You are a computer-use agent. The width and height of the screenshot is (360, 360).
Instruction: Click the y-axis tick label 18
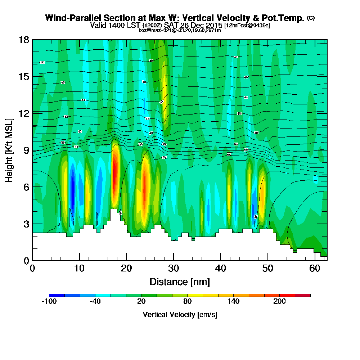click(24, 40)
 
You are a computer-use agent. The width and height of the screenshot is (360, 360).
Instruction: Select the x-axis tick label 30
click(174, 269)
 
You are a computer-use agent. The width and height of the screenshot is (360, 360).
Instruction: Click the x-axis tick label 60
click(315, 269)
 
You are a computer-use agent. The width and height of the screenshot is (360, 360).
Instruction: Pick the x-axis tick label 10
click(80, 269)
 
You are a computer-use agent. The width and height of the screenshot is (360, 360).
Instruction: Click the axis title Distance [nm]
click(180, 282)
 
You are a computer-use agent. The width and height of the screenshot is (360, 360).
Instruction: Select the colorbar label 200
click(279, 302)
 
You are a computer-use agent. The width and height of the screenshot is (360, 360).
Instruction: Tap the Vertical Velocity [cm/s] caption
click(180, 315)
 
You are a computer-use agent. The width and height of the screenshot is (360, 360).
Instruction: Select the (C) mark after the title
click(311, 18)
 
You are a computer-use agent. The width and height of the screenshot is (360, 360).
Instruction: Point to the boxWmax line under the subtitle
click(180, 30)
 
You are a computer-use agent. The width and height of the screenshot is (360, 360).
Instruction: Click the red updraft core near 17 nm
click(115, 173)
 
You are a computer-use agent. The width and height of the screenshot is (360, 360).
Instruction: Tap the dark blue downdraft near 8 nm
click(72, 191)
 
